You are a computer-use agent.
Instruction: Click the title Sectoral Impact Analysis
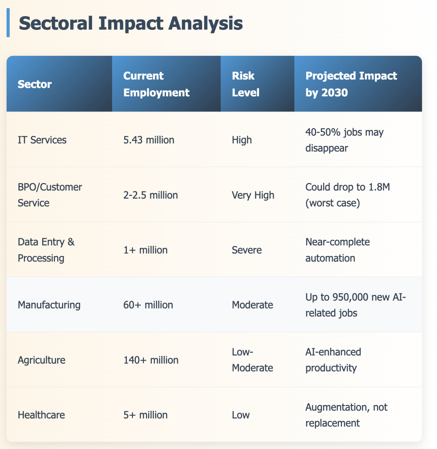tap(131, 23)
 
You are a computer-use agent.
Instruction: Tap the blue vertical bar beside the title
tap(8, 23)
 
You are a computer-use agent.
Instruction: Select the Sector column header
tap(35, 84)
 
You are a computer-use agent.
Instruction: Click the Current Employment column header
tap(156, 84)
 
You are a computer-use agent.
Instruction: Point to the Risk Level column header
tap(245, 84)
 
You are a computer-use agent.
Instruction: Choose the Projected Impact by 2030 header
tap(351, 84)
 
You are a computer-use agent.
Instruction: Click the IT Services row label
tap(42, 140)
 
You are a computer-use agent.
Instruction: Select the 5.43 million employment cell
tap(149, 140)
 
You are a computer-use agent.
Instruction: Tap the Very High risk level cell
tap(253, 195)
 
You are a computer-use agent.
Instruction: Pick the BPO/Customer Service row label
tap(50, 195)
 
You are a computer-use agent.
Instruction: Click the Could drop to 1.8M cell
tap(347, 195)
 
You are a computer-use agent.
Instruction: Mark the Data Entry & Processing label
tap(46, 250)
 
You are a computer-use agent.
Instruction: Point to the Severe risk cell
tap(246, 250)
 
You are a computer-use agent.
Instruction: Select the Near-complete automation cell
tap(337, 250)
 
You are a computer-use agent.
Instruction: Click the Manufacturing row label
tap(49, 305)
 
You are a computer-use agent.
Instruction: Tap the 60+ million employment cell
tap(148, 305)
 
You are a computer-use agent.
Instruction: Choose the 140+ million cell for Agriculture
tap(151, 360)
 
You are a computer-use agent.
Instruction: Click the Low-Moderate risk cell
tap(252, 360)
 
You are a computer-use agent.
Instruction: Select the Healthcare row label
tap(41, 415)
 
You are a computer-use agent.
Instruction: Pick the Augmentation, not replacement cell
tap(346, 415)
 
